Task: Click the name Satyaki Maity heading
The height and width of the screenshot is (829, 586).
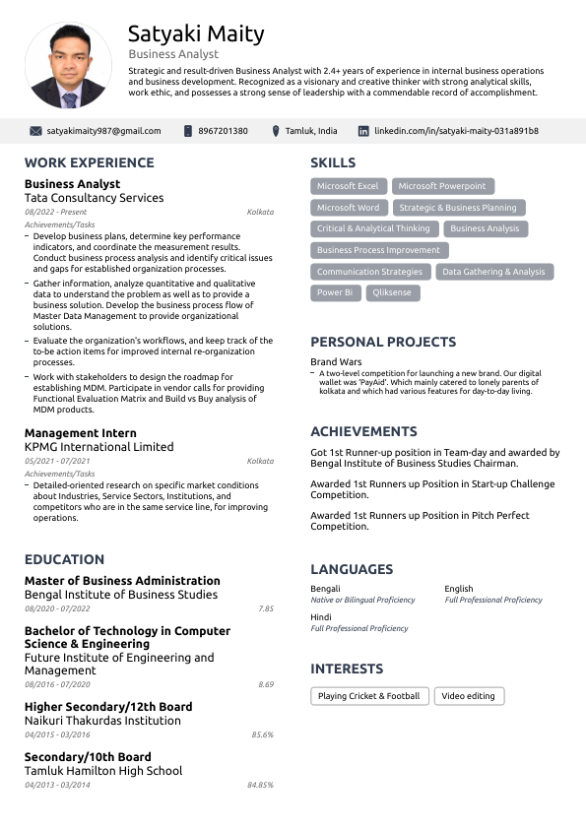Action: [x=196, y=34]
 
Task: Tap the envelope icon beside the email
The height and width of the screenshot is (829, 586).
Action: [x=35, y=131]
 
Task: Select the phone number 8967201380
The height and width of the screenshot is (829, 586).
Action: [x=223, y=131]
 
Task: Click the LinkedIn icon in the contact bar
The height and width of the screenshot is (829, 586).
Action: [x=363, y=131]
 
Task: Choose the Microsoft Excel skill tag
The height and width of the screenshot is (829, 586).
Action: [x=348, y=186]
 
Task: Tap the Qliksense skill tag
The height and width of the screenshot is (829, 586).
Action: [x=393, y=292]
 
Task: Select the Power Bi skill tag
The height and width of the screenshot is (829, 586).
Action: [x=335, y=292]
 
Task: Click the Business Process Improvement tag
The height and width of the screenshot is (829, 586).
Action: [x=378, y=250]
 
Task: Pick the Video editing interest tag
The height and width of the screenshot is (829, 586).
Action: [x=468, y=696]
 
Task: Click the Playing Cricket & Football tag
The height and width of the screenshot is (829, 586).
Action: [x=368, y=696]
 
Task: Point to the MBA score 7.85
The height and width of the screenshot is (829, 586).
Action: [x=265, y=609]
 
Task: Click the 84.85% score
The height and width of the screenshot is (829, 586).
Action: [x=260, y=785]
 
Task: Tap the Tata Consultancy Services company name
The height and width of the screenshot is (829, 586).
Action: [x=94, y=198]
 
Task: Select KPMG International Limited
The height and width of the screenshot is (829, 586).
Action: [x=98, y=447]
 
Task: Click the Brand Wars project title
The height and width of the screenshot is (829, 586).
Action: [x=336, y=362]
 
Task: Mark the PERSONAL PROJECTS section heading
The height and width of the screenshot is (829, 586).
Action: [x=383, y=343]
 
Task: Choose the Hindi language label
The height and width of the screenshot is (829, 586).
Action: [x=321, y=617]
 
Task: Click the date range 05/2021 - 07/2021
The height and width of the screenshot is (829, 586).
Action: [x=57, y=461]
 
